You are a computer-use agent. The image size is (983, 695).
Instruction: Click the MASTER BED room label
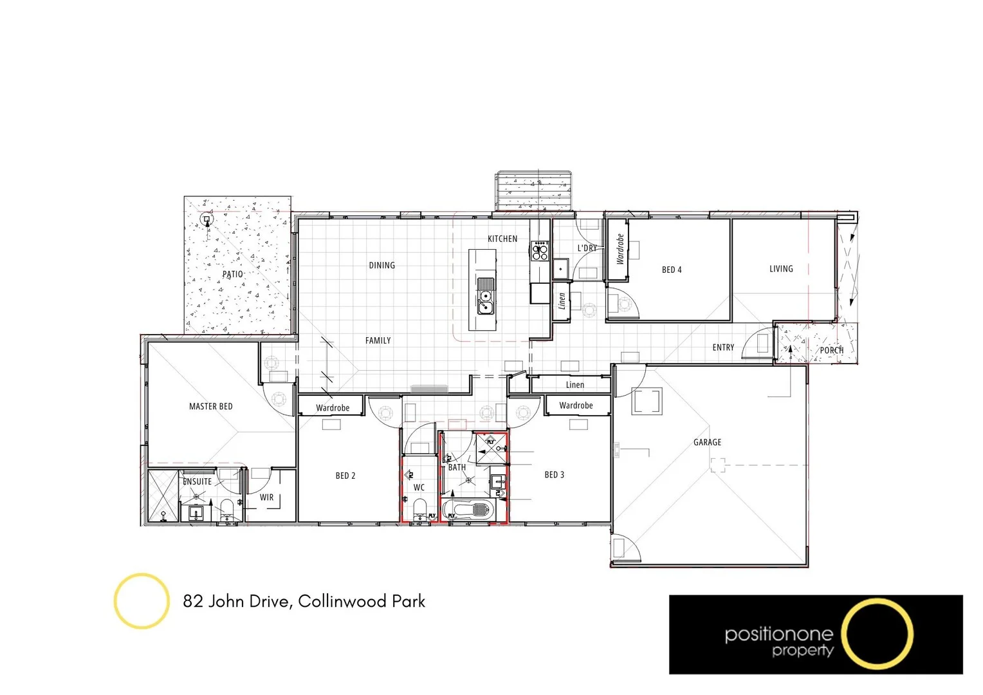pyautogui.click(x=210, y=407)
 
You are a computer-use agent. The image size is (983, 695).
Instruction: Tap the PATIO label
pyautogui.click(x=232, y=274)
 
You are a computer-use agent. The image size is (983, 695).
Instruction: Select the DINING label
pyautogui.click(x=381, y=265)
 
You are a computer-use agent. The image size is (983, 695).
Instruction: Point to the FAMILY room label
pyautogui.click(x=378, y=340)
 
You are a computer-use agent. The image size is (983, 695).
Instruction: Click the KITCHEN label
pyautogui.click(x=502, y=239)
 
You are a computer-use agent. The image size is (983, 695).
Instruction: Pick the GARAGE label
pyautogui.click(x=707, y=442)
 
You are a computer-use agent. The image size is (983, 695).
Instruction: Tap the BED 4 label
pyautogui.click(x=671, y=270)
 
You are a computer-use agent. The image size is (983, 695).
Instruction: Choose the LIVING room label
pyautogui.click(x=781, y=269)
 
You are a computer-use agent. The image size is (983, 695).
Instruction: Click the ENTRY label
pyautogui.click(x=723, y=347)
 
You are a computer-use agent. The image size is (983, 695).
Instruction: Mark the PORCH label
pyautogui.click(x=831, y=351)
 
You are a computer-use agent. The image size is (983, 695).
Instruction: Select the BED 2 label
pyautogui.click(x=345, y=476)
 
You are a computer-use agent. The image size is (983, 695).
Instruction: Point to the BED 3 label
pyautogui.click(x=554, y=475)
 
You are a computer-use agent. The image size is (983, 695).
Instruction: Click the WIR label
pyautogui.click(x=266, y=497)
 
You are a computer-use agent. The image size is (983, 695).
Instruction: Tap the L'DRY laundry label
pyautogui.click(x=587, y=248)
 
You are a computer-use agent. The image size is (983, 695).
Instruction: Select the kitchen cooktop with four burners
pyautogui.click(x=540, y=250)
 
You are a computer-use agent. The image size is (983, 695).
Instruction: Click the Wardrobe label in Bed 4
pyautogui.click(x=620, y=250)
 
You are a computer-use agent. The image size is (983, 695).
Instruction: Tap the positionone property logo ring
pyautogui.click(x=877, y=634)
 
